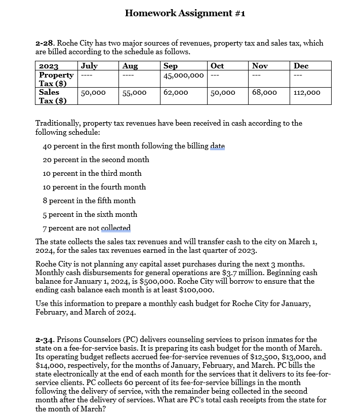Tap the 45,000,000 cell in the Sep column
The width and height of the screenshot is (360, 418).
pyautogui.click(x=183, y=75)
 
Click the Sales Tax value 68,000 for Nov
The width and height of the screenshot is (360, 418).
pyautogui.click(x=264, y=93)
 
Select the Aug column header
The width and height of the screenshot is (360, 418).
pyautogui.click(x=130, y=66)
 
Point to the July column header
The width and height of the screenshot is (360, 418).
pyautogui.click(x=89, y=66)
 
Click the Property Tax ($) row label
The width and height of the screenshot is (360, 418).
pyautogui.click(x=56, y=79)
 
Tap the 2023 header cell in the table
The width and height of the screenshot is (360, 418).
pyautogui.click(x=49, y=66)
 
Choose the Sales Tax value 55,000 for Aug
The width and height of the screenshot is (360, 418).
pyautogui.click(x=134, y=93)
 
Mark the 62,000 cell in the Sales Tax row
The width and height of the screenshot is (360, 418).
pyautogui.click(x=176, y=93)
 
